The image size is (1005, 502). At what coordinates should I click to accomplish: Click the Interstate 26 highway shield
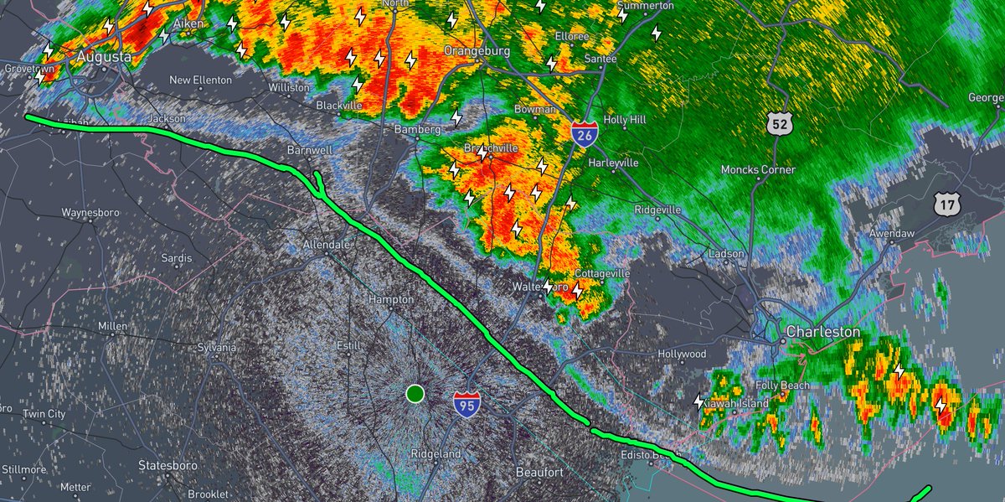[585, 133]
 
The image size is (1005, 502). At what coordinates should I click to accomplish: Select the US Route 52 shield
[779, 124]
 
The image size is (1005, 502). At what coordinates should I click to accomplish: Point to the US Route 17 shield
[946, 204]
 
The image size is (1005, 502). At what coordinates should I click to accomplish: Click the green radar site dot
[415, 393]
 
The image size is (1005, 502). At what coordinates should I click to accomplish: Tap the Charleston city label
[823, 333]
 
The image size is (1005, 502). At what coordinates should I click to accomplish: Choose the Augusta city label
[103, 57]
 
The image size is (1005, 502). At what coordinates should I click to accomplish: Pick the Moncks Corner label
[759, 170]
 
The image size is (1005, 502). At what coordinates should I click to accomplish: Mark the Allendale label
[327, 245]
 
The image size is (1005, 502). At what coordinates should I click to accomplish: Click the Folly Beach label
[782, 386]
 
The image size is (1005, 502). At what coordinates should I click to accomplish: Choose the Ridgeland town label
[435, 453]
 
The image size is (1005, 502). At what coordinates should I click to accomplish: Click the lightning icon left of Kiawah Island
[698, 402]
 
